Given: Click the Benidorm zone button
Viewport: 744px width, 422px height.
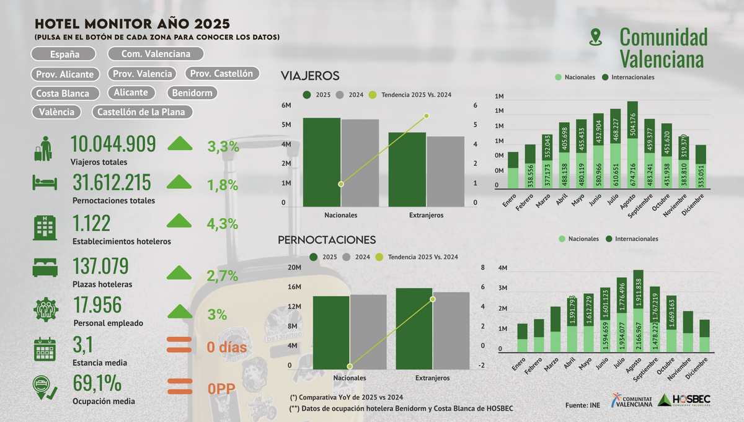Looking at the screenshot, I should pyautogui.click(x=192, y=93).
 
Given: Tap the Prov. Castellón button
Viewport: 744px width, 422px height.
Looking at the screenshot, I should pyautogui.click(x=221, y=74).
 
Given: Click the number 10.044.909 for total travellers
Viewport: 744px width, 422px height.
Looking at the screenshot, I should pyautogui.click(x=113, y=144).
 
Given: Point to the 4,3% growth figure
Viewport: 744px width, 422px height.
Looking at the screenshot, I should pyautogui.click(x=223, y=224).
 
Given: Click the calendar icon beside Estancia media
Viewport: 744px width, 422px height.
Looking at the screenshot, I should pyautogui.click(x=45, y=349).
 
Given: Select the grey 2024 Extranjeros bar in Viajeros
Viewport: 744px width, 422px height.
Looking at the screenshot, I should pyautogui.click(x=445, y=172).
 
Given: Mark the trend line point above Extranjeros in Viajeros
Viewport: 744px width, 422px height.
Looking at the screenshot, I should pyautogui.click(x=427, y=116).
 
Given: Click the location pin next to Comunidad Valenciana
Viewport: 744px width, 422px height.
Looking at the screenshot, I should pyautogui.click(x=596, y=37).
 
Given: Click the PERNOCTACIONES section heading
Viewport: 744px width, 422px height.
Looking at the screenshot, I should pyautogui.click(x=327, y=240).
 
